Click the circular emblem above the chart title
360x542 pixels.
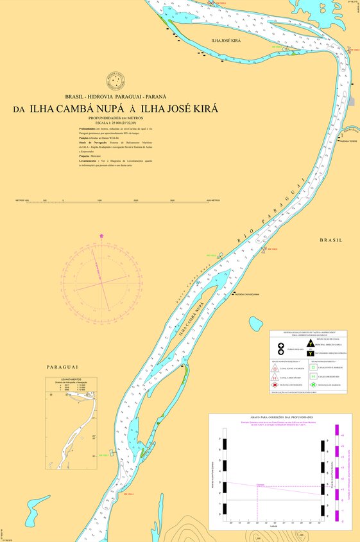(x=116, y=82)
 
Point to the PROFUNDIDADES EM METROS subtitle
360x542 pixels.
(x=116, y=118)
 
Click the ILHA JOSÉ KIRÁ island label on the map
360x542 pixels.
(x=226, y=40)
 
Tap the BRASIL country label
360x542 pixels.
(x=332, y=240)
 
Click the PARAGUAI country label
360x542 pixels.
(x=62, y=367)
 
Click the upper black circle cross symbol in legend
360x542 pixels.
(x=281, y=346)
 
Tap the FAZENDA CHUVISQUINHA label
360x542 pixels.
(x=248, y=294)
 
